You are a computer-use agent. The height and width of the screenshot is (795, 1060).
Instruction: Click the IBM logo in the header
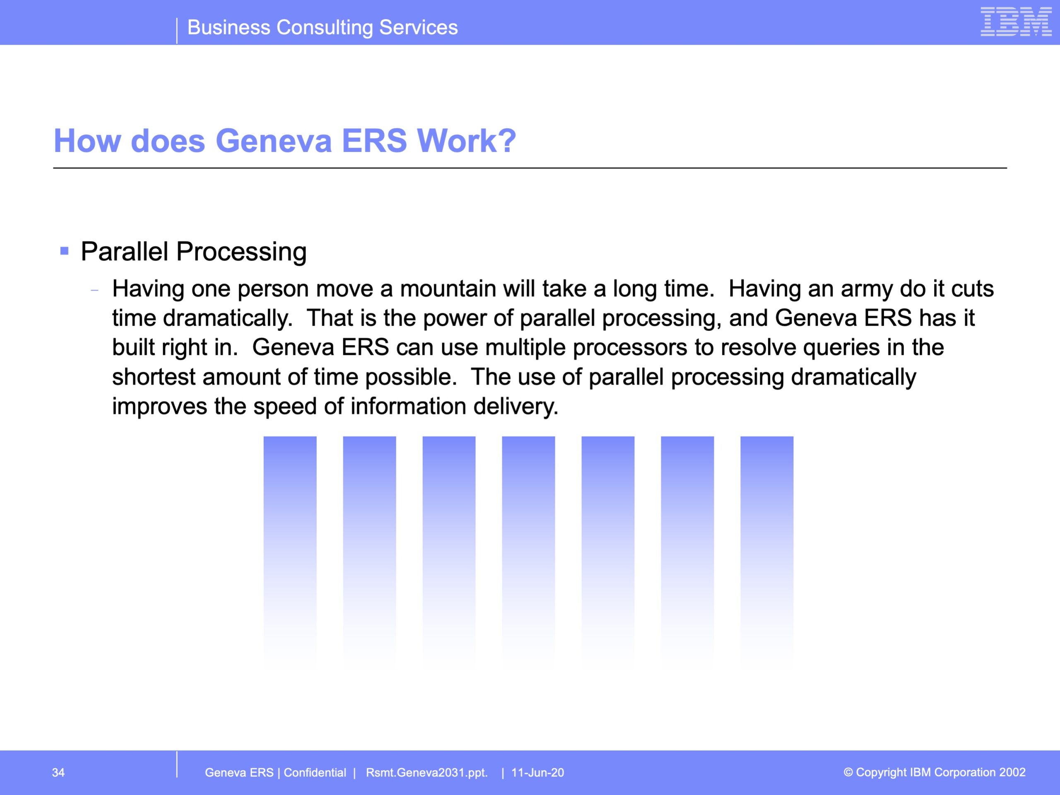click(x=1016, y=22)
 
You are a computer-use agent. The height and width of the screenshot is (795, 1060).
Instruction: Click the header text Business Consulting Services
click(x=323, y=27)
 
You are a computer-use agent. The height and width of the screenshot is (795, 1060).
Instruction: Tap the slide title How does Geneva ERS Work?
click(x=284, y=141)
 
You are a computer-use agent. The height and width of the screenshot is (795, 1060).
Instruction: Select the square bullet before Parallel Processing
click(x=64, y=251)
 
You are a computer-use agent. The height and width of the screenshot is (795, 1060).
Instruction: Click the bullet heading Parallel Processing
click(x=194, y=252)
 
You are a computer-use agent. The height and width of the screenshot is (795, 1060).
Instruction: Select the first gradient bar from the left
click(x=290, y=551)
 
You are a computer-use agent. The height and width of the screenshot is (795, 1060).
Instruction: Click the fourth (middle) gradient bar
click(x=529, y=551)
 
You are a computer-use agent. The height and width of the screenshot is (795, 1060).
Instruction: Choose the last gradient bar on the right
click(x=767, y=551)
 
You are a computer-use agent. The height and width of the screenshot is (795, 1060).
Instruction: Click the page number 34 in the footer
click(x=58, y=773)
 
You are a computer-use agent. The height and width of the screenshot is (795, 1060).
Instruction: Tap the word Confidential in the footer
click(x=315, y=773)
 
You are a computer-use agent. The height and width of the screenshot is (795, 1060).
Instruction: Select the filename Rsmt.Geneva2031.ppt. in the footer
click(x=426, y=773)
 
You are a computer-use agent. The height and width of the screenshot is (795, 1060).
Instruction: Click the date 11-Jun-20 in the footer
click(x=538, y=773)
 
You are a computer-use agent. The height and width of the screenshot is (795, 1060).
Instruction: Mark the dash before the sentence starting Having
click(x=94, y=290)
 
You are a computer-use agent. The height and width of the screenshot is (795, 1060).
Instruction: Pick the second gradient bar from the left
click(x=369, y=551)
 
